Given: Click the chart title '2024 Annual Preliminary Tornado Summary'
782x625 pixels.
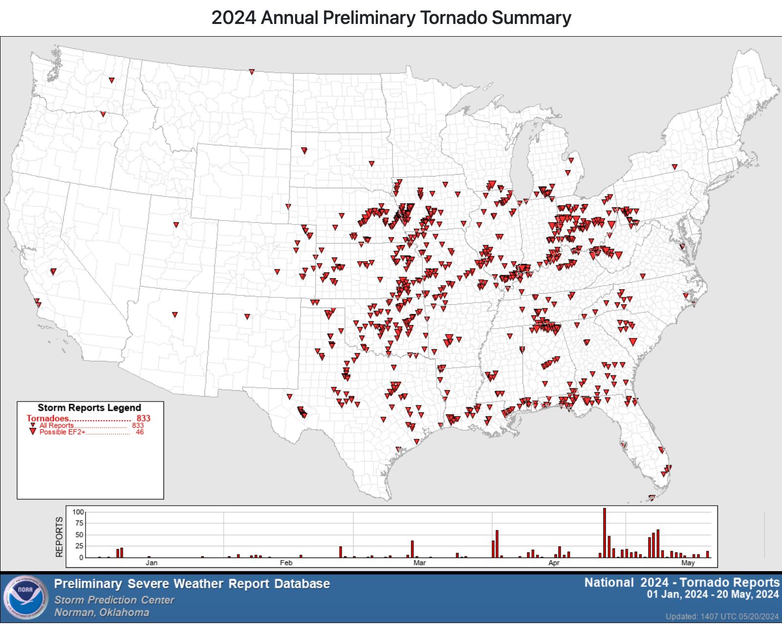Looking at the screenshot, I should (x=391, y=18).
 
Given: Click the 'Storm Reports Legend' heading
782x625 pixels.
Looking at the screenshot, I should (x=89, y=408).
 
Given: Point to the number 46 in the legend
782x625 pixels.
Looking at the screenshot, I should (x=140, y=432).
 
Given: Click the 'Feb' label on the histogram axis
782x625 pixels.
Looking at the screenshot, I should (x=286, y=563).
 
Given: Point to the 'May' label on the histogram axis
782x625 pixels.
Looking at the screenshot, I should (x=688, y=563).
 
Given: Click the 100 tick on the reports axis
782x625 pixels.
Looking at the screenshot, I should (x=78, y=512).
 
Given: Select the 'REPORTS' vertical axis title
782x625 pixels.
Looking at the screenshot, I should (x=60, y=536).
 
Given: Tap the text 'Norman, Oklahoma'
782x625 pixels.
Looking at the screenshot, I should (x=101, y=613).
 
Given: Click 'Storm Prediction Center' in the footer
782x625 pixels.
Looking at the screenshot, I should (x=114, y=600).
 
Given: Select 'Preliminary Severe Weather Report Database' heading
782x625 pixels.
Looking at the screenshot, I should (x=192, y=584).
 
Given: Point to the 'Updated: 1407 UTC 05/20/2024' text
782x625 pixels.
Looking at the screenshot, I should (x=722, y=616).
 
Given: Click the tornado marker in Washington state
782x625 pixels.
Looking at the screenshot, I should (x=112, y=80).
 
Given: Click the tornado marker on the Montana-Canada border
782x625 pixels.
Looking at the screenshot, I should (x=252, y=72).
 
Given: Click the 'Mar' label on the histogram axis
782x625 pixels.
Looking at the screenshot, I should (x=419, y=563).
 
